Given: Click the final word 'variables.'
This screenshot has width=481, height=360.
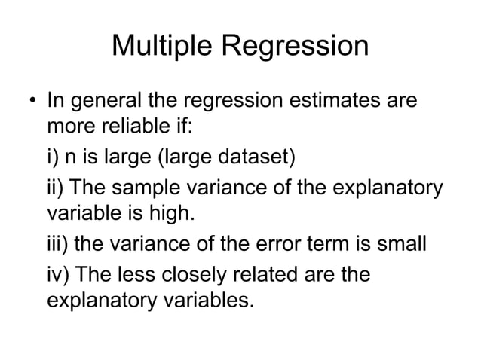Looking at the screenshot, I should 204,302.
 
